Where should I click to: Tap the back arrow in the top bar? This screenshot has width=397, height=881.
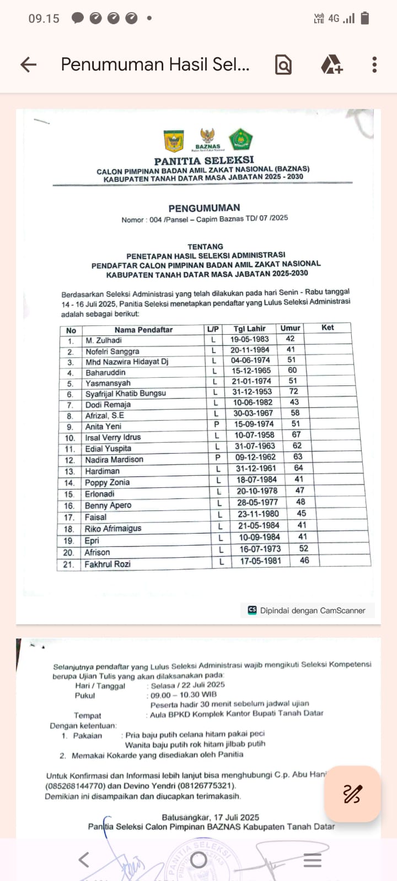[x=28, y=65]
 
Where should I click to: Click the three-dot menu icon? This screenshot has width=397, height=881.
[x=374, y=65]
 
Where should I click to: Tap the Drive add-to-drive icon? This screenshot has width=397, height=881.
[x=332, y=65]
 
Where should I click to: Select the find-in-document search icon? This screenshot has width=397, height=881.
[x=283, y=65]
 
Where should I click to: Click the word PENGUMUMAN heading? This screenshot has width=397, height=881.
[x=204, y=208]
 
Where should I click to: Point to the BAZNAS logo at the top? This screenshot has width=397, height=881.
[x=208, y=139]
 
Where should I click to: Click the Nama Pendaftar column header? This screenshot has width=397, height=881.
[x=143, y=330]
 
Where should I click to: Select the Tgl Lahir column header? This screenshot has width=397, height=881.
[x=249, y=329]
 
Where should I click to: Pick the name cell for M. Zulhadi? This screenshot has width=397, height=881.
[x=104, y=340]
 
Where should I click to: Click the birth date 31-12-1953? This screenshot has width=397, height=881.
[x=251, y=392]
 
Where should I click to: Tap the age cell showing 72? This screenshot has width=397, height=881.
[x=293, y=391]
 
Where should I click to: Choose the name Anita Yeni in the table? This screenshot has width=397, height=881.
[x=103, y=426]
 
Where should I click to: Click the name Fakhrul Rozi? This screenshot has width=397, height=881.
[x=108, y=564]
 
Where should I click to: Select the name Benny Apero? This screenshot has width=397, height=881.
[x=108, y=505]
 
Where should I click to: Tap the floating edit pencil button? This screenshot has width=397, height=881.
[x=352, y=794]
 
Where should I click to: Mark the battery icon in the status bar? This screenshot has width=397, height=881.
[x=364, y=18]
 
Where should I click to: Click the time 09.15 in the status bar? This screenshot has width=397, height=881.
[x=44, y=19]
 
